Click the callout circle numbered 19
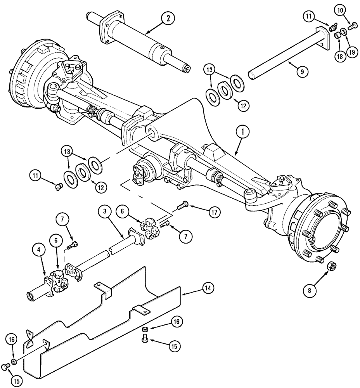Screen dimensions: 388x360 (x=351, y=52)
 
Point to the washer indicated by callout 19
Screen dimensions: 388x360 (x=344, y=32)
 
